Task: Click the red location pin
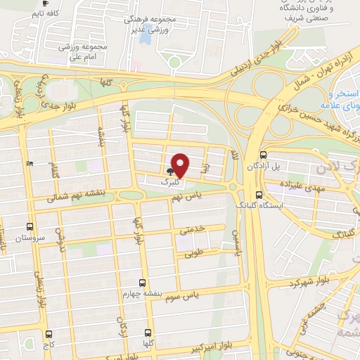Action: click(181, 166)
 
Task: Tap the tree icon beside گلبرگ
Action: click(169, 171)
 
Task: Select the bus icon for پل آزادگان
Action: click(262, 155)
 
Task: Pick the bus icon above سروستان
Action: click(30, 226)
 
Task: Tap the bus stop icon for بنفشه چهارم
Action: click(143, 283)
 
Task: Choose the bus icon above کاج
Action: click(48, 335)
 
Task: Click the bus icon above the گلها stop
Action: click(147, 331)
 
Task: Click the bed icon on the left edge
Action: click(29, 163)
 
